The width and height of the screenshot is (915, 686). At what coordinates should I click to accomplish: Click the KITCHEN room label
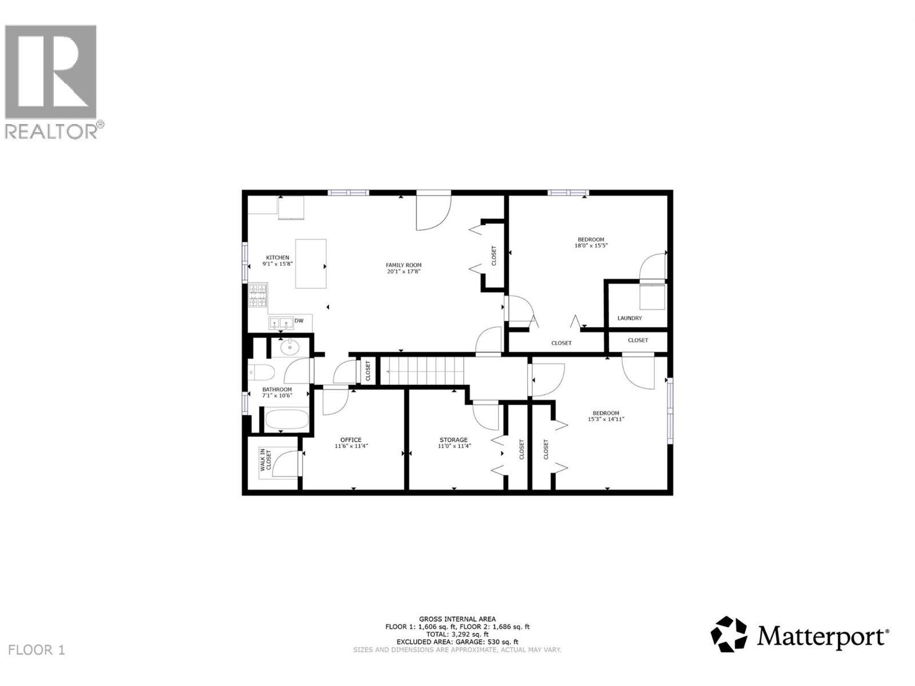pos(277,258)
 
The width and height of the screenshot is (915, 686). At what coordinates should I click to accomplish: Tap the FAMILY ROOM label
pos(403,265)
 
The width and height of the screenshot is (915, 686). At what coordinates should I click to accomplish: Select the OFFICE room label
pos(351,440)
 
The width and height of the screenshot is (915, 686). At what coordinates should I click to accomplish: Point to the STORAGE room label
pos(453,440)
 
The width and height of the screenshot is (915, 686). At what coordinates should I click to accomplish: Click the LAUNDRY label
pos(630,318)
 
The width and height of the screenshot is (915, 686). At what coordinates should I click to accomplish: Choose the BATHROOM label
pos(277,389)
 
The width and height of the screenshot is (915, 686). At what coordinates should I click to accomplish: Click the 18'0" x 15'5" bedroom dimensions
pos(591,246)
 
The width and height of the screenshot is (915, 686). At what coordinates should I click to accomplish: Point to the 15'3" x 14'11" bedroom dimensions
pos(606,419)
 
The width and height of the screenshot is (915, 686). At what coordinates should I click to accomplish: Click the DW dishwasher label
pos(299,321)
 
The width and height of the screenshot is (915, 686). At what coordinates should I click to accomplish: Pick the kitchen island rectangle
pos(311,264)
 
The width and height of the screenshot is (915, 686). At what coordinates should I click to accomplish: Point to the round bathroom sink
pos(290,346)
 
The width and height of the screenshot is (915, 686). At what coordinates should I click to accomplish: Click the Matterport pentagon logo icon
pos(729,634)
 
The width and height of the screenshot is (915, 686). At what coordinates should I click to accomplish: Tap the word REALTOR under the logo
pos(51,131)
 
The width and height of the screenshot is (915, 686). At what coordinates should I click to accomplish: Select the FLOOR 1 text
pos(37,650)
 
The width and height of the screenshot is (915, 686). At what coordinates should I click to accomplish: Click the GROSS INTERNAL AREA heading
pos(457,619)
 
